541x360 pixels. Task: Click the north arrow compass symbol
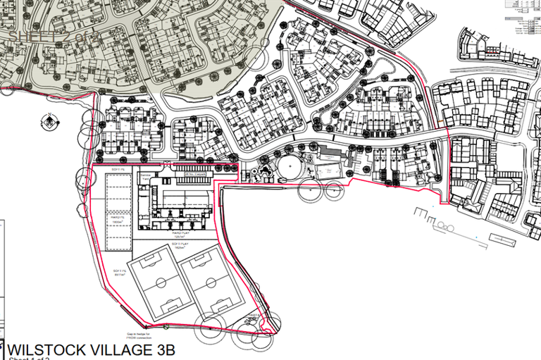click(x=49, y=123)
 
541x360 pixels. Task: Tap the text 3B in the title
click(x=163, y=350)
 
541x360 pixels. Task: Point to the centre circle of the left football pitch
click(x=161, y=283)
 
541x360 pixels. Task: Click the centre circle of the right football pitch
click(x=211, y=283)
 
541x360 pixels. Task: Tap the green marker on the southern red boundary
click(x=165, y=326)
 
